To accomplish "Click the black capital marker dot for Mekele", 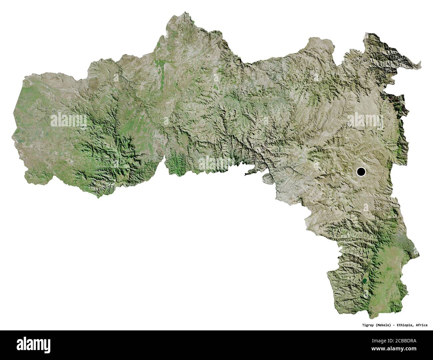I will [361, 172].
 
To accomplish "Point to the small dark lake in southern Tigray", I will [365, 280].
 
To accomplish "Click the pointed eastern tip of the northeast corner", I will [421, 62].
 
